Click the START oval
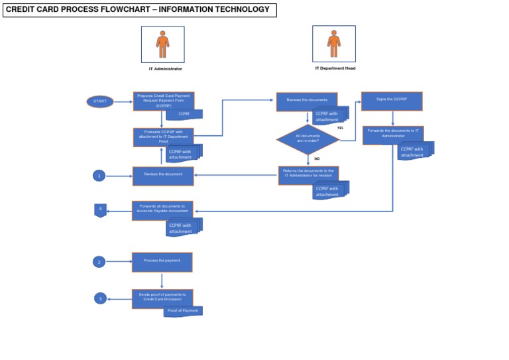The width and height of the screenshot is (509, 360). click(x=100, y=101)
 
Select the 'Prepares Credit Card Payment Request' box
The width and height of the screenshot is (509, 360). click(x=163, y=101)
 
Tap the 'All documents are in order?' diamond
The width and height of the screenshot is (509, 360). click(x=308, y=139)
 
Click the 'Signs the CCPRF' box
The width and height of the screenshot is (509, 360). click(x=392, y=101)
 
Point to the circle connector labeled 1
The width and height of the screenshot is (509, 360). click(x=99, y=176)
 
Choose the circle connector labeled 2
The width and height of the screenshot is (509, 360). click(x=99, y=262)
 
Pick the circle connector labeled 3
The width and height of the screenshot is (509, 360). click(x=100, y=299)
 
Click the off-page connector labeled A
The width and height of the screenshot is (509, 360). click(x=100, y=211)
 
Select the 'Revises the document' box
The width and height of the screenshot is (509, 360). click(x=163, y=176)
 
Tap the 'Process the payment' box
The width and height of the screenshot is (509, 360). click(x=162, y=262)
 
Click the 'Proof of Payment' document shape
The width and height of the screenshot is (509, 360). click(x=182, y=311)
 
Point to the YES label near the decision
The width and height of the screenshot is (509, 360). click(x=340, y=127)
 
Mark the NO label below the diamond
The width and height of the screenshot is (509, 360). click(x=317, y=159)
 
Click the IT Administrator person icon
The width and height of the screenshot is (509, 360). click(x=163, y=44)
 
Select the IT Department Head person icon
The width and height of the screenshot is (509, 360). click(x=333, y=44)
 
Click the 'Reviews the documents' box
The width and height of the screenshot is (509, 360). click(x=307, y=101)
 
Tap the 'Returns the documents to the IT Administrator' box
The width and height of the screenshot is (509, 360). click(x=308, y=175)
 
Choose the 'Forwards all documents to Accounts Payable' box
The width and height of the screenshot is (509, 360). click(x=162, y=210)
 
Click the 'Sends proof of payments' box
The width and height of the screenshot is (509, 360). click(x=162, y=298)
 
